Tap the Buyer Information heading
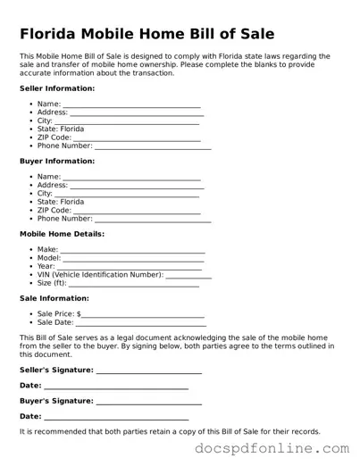click(x=56, y=161)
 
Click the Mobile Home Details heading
click(x=62, y=234)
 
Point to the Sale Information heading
click(x=54, y=298)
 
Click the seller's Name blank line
click(x=131, y=105)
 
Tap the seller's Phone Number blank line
click(x=153, y=146)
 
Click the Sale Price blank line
click(x=143, y=316)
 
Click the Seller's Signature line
click(x=148, y=371)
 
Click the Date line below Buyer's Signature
click(x=116, y=418)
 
